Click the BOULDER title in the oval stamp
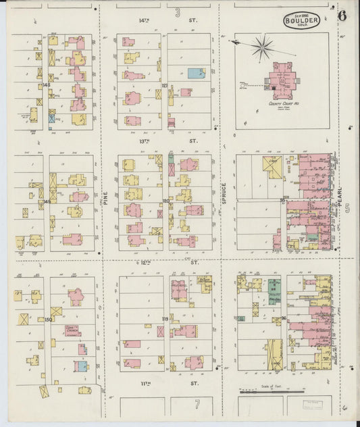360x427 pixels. tap(301, 20)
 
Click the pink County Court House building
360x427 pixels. tap(284, 80)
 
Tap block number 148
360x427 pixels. tap(46, 86)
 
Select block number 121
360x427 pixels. tap(164, 86)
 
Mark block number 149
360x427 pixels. tap(47, 201)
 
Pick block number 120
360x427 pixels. tap(165, 201)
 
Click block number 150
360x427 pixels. tap(47, 320)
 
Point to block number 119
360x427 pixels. tap(165, 318)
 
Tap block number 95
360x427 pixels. tap(282, 201)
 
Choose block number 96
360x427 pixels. tap(283, 318)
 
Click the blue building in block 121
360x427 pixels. tap(195, 72)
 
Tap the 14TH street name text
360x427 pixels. tap(144, 20)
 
